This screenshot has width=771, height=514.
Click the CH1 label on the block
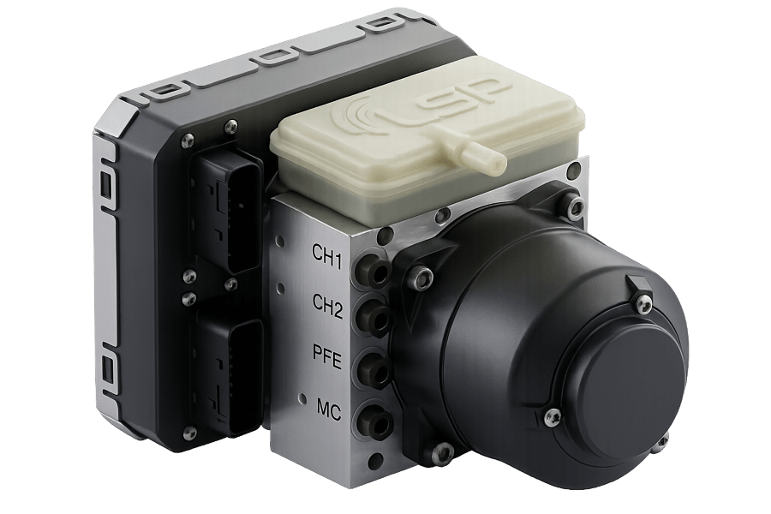328,255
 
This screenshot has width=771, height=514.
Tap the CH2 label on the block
328,302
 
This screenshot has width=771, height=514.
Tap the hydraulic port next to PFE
375,371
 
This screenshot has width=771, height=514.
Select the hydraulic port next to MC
375,421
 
